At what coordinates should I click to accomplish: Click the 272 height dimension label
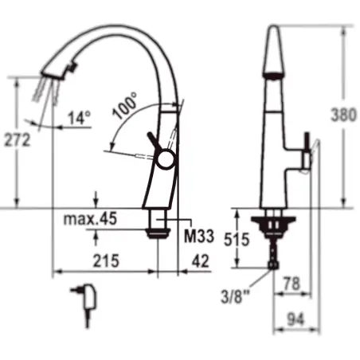18,140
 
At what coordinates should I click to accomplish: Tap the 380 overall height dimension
343,115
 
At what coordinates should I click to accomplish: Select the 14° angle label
79,118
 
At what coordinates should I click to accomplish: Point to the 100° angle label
124,105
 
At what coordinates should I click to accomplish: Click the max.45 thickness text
90,219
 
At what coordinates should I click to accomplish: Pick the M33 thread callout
199,236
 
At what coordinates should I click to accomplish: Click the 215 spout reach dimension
106,260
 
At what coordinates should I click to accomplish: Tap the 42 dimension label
201,260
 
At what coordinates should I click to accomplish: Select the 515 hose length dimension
237,239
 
